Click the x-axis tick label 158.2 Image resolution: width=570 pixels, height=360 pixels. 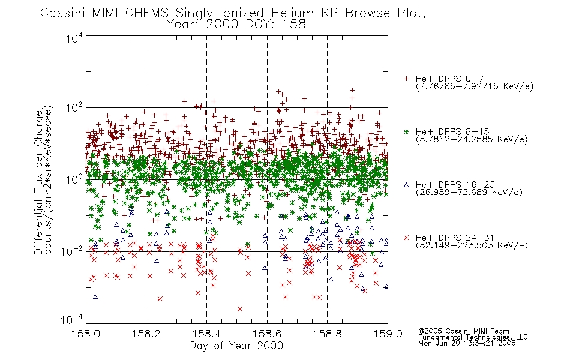[146, 334]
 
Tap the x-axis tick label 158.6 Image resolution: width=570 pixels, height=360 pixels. [267, 334]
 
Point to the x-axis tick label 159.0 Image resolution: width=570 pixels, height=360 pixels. [388, 334]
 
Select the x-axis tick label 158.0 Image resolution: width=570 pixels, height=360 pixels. [86, 334]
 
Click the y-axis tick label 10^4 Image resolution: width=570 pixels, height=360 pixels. [74, 38]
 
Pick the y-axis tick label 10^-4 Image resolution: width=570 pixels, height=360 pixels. [71, 319]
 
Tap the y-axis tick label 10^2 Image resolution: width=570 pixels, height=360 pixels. [74, 108]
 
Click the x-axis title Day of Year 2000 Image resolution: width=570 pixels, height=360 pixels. [236, 346]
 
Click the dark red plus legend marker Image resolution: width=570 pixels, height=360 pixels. [406, 79]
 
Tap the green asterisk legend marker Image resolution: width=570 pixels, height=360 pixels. [406, 131]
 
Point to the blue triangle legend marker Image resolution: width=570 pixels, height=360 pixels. [406, 185]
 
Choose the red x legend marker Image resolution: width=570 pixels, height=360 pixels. [406, 238]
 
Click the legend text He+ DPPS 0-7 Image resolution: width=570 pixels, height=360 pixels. [449, 79]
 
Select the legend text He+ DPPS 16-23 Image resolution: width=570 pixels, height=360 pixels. [455, 185]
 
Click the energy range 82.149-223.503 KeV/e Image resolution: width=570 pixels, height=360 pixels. [472, 245]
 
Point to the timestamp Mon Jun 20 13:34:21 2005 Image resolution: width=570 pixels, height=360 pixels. [467, 343]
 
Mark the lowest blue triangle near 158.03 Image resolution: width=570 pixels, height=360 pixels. [95, 297]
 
